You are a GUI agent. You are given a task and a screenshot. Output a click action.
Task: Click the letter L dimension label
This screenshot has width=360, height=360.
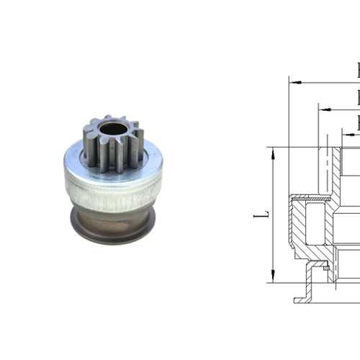pos(264,214)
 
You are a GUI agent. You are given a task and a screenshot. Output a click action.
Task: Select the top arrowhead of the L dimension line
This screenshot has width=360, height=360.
pos(273,151)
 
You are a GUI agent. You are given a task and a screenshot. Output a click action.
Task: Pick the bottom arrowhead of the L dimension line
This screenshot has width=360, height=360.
pos(273,278)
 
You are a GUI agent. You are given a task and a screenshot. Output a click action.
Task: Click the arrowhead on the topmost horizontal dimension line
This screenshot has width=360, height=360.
pos(294,81)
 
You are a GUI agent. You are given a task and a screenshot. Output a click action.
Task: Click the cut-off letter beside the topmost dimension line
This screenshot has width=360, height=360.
pos(358,71)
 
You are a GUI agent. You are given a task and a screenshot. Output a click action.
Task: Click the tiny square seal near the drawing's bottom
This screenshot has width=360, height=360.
pos(326,269)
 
